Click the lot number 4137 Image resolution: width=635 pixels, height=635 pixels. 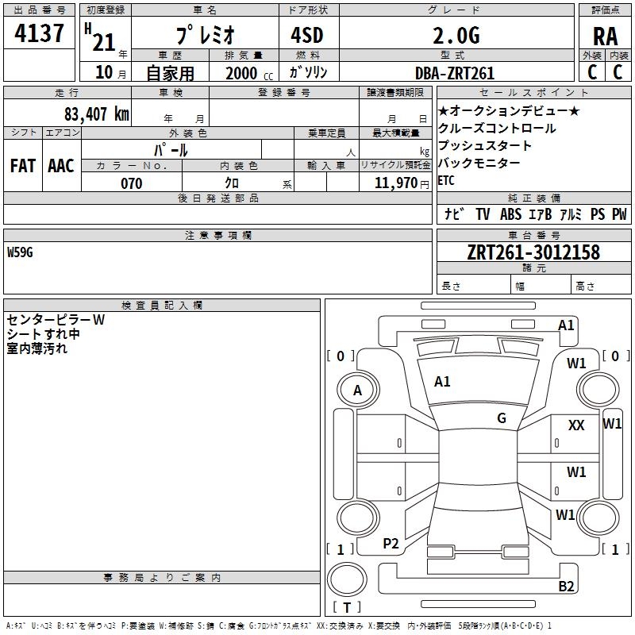[39, 34]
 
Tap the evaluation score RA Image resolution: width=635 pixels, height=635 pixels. [605, 37]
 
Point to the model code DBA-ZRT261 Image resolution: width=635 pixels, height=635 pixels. [455, 73]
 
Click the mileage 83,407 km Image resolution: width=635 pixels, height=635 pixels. [96, 114]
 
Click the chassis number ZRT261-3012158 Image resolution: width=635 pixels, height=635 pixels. [533, 252]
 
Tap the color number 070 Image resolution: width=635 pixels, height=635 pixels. [132, 183]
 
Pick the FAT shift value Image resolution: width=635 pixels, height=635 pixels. [22, 166]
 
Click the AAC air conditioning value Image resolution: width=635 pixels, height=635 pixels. [60, 166]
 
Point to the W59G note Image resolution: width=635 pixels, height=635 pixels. [22, 252]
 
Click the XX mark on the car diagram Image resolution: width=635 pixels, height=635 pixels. [576, 426]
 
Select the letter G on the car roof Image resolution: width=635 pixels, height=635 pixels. [502, 418]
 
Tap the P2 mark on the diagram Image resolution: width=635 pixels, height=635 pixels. [391, 544]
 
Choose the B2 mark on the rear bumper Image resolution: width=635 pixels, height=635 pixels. [566, 587]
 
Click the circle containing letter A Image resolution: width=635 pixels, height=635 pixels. [357, 391]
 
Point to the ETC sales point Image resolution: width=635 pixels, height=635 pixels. [446, 180]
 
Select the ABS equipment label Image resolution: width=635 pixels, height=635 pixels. [510, 214]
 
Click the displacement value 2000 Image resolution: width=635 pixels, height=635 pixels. [241, 73]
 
